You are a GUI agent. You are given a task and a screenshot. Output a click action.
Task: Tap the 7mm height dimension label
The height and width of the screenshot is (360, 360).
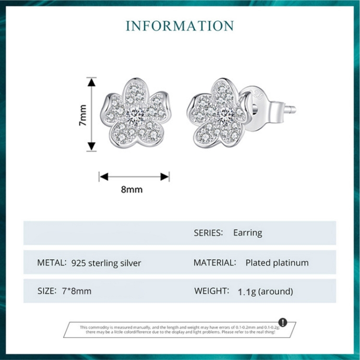83,115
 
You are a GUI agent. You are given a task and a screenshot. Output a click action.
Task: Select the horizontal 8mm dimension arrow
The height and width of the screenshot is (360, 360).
134,177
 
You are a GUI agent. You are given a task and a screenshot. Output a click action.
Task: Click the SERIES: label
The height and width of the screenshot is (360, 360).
208,233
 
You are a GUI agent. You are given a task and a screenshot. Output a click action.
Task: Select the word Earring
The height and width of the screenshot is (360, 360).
248,233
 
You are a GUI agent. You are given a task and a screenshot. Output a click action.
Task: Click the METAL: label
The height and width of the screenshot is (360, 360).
51,263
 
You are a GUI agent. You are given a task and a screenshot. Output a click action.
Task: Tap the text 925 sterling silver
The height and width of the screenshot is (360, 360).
106,263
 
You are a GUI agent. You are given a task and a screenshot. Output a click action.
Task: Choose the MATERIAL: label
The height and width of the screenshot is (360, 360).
215,263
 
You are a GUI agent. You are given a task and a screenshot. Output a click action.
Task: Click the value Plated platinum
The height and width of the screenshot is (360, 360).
277,263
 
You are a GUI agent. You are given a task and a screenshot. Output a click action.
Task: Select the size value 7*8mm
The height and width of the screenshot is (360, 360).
77,291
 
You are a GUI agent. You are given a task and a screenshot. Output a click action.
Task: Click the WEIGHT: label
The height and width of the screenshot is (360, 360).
211,291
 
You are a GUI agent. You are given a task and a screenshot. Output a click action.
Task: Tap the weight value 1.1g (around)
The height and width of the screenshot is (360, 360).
265,291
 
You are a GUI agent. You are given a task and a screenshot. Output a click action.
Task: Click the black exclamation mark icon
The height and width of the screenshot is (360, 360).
283,322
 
